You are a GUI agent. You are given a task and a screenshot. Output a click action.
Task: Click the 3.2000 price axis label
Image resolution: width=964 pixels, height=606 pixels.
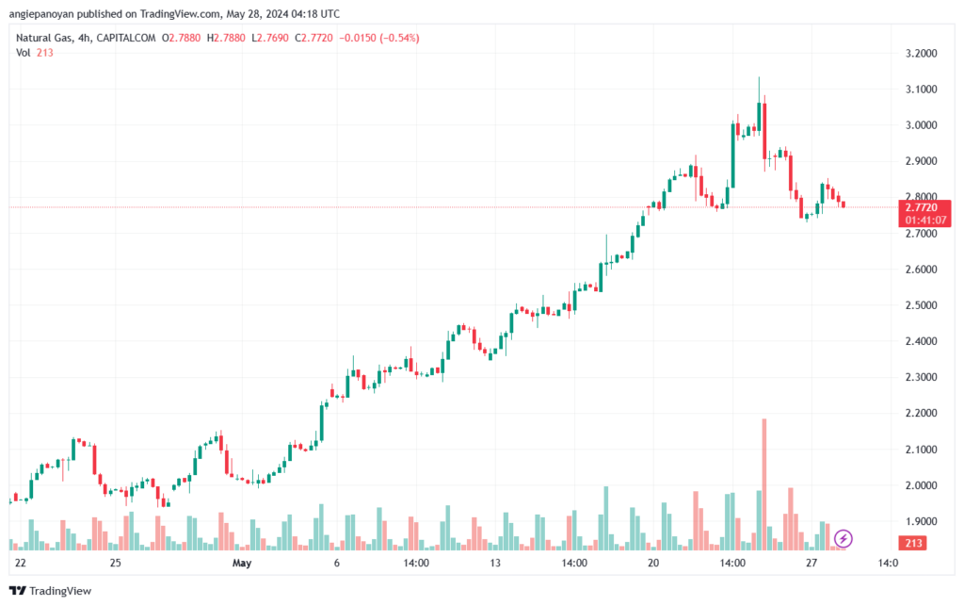(x=921, y=54)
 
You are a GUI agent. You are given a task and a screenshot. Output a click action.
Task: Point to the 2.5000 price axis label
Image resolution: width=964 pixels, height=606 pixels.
(x=921, y=305)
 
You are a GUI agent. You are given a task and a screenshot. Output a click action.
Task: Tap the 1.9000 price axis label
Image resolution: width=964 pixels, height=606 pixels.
(x=921, y=521)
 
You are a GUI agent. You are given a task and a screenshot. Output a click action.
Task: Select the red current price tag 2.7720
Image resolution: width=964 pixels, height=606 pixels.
(x=924, y=214)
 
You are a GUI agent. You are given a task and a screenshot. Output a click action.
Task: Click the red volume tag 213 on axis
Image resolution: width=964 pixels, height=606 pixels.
(x=913, y=543)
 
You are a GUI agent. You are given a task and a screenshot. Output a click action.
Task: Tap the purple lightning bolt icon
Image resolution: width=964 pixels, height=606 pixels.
(x=843, y=539)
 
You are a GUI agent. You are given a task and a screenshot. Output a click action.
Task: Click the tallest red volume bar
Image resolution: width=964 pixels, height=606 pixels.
(x=764, y=484)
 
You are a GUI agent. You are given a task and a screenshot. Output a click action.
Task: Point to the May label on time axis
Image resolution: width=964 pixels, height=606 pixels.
(x=242, y=563)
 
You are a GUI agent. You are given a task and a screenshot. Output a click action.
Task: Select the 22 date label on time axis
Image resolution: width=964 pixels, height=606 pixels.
(x=21, y=563)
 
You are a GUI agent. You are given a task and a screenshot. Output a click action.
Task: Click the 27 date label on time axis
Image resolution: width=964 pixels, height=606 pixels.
(x=811, y=563)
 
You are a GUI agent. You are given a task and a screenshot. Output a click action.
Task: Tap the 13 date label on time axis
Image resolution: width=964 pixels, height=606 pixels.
(x=495, y=563)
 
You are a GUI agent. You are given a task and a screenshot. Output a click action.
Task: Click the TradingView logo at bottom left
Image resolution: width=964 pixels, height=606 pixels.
(x=51, y=591)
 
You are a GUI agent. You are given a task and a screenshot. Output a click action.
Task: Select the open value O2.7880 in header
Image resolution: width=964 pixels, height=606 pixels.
(x=182, y=38)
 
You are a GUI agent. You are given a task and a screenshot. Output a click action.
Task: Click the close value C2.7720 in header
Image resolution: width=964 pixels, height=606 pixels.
(x=313, y=38)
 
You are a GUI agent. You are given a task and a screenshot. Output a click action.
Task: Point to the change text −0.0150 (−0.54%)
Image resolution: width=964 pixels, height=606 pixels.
(x=379, y=38)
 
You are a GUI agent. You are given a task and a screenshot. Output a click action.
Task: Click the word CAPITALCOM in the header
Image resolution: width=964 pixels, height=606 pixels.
(x=126, y=38)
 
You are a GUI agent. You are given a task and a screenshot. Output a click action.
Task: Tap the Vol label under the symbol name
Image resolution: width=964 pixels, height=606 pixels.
(x=24, y=53)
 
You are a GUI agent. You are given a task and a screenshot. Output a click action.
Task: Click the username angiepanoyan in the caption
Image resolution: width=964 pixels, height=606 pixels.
(x=41, y=13)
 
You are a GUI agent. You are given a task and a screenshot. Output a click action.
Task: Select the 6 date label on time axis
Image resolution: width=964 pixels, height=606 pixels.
(x=337, y=563)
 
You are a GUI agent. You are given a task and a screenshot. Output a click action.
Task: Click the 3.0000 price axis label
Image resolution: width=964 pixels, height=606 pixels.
(x=921, y=125)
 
